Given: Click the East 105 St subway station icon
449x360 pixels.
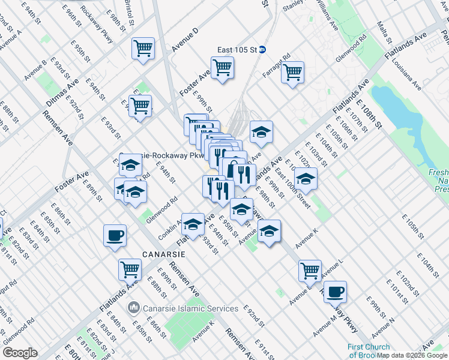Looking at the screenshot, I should pos(262,50).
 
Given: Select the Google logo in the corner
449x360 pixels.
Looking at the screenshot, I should pos(20,353).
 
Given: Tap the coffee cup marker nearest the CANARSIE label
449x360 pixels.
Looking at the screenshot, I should pos(115,236).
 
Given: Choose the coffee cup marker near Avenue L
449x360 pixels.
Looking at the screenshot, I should pos(335,292).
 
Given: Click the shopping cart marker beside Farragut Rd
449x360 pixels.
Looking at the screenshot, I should pos(292,72).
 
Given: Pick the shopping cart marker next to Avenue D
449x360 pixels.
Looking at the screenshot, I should pos(143,48).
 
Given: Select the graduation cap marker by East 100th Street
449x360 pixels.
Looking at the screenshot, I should pos(306,178).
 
